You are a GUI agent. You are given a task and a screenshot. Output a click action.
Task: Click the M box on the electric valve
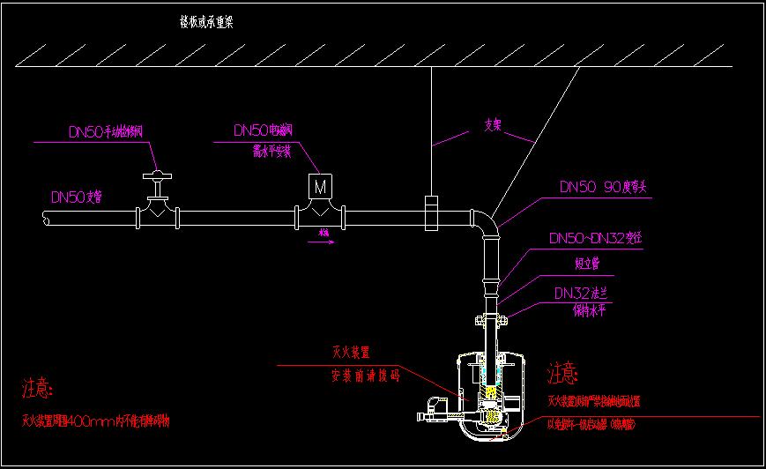(319, 187)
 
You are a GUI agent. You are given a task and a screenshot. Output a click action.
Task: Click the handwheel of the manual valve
(157, 174)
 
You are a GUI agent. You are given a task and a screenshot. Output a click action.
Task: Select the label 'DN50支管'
(77, 197)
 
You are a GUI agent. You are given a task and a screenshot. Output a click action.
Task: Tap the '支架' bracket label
(494, 125)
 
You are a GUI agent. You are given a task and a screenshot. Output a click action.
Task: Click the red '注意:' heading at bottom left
(38, 389)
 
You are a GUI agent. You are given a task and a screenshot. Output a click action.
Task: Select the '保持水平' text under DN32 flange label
(591, 310)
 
